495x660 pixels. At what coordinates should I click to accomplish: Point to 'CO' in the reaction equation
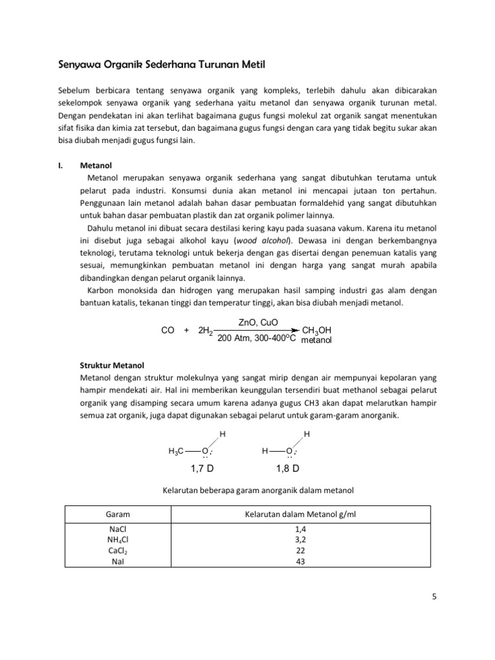(168, 330)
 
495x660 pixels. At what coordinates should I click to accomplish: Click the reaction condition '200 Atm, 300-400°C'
(257, 338)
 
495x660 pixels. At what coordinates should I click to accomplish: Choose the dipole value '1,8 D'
(287, 465)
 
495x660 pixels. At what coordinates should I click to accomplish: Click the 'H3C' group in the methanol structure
(177, 451)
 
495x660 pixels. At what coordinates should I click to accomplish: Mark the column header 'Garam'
(119, 516)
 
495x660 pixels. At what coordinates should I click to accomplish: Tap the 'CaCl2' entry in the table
(119, 551)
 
